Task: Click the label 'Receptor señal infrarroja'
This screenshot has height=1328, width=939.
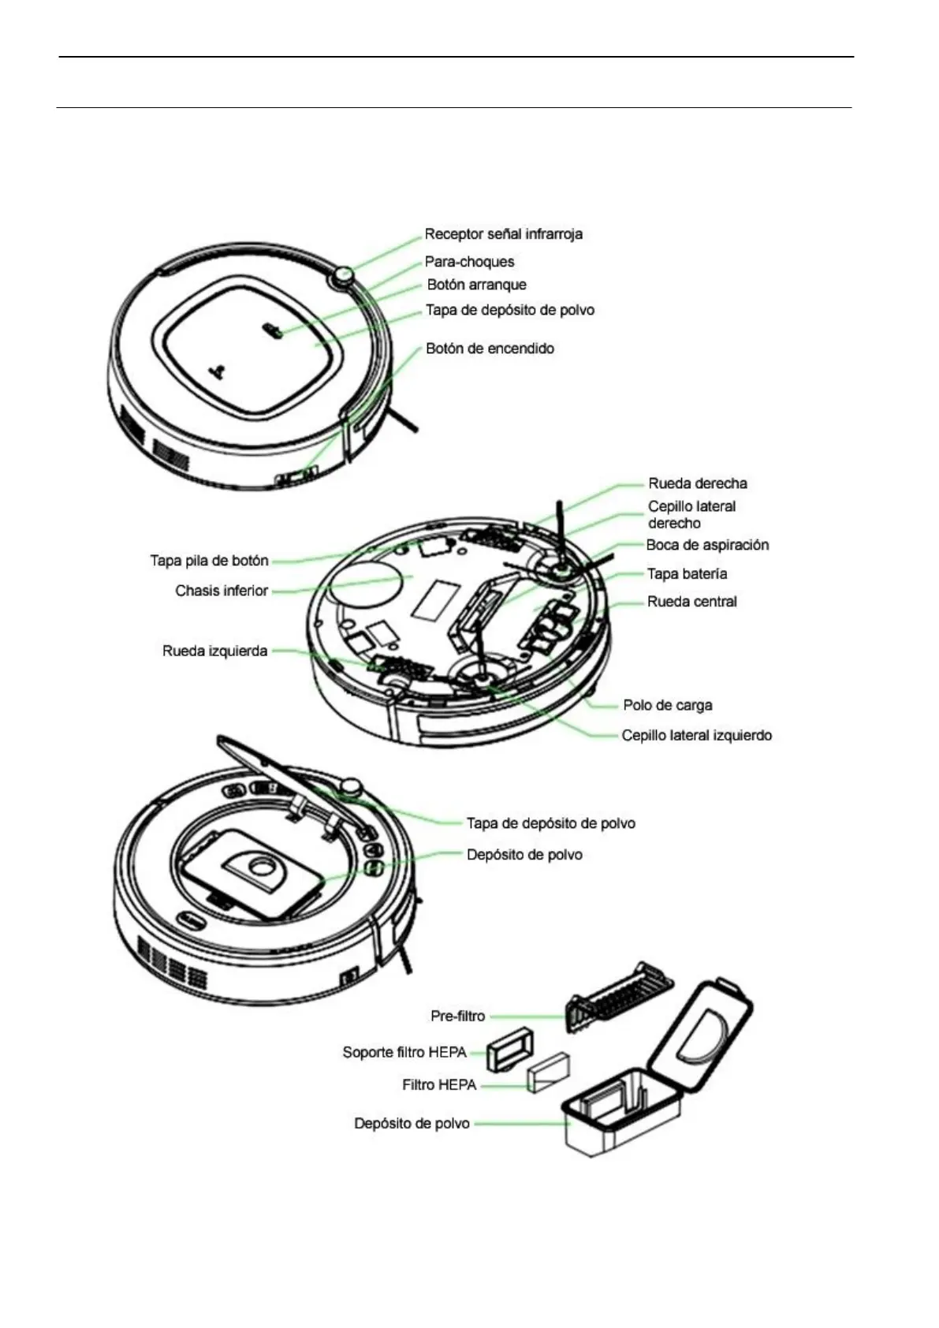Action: coord(503,234)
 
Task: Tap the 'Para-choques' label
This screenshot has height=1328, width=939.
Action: coord(469,262)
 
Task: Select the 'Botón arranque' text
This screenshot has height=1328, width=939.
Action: coord(476,285)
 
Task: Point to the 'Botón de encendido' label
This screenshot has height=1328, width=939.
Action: coord(490,349)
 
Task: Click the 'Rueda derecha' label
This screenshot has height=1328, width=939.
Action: coord(698,483)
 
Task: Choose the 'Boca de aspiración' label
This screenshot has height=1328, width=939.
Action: coord(707,545)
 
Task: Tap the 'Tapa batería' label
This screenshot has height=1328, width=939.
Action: coord(687,574)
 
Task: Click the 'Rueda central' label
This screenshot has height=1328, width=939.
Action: coord(691,602)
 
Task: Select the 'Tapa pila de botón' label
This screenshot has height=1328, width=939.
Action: coord(209,561)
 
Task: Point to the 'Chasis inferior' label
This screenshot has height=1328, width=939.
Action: coord(222,591)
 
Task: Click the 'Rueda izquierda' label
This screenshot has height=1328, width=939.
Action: coord(214,651)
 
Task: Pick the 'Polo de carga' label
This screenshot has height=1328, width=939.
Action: coord(667,705)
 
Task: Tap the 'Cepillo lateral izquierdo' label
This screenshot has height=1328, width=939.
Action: coord(696,736)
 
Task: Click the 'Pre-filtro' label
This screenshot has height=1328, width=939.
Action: coord(457,1017)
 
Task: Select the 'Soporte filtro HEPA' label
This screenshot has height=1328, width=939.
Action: coord(404,1053)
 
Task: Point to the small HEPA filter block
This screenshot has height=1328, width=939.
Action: coord(548,1074)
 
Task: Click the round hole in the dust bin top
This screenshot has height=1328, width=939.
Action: coord(259,867)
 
